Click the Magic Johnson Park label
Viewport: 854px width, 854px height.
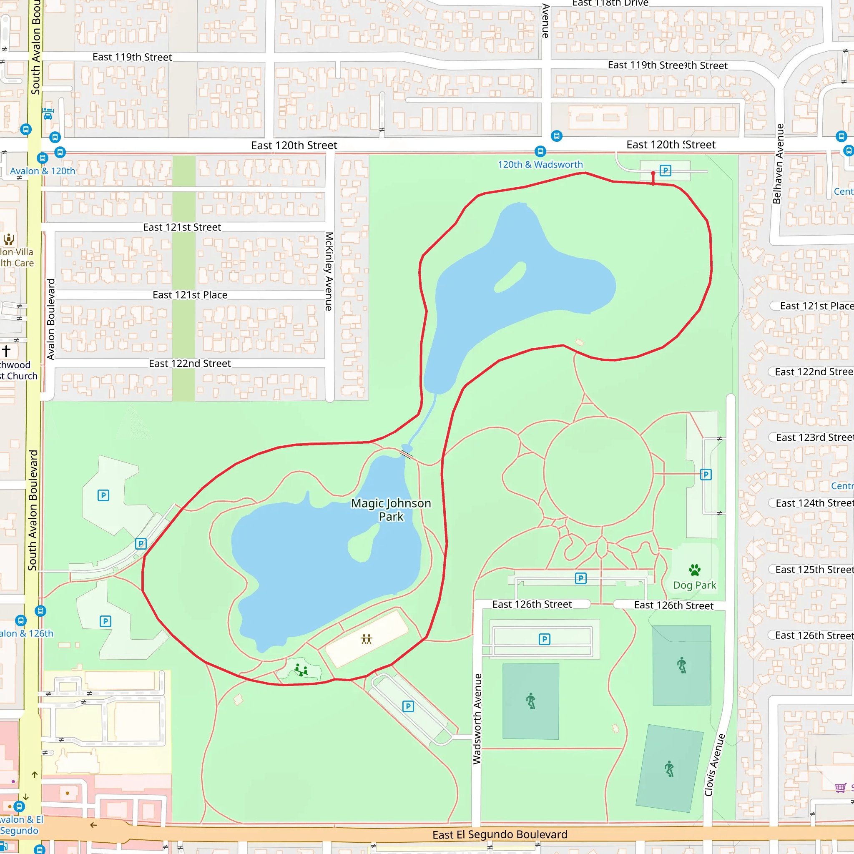coord(391,510)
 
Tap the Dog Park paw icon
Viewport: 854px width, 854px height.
coord(694,570)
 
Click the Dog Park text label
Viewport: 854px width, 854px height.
coord(694,585)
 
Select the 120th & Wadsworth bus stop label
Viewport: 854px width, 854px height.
coord(540,164)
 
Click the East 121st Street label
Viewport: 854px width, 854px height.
coord(182,227)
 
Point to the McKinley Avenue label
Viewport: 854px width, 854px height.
coord(329,271)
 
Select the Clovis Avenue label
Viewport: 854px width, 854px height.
coord(714,765)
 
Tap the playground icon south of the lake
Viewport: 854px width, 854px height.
coord(301,670)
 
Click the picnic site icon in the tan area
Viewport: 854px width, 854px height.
coord(367,639)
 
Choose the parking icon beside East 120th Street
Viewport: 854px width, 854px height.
coord(665,171)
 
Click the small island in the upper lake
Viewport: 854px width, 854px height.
coord(510,277)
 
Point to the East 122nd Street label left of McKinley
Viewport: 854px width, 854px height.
coord(190,363)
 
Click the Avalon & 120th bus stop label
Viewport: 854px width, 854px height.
coord(43,171)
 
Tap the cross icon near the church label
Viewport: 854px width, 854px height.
coord(6,351)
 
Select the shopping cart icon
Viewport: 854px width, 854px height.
coord(840,787)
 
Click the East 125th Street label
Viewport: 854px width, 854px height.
coord(814,569)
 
